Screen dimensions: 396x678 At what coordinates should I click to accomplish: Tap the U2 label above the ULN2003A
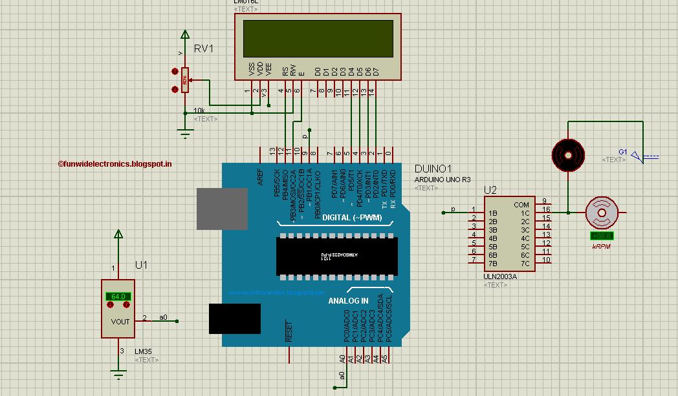[x=490, y=190]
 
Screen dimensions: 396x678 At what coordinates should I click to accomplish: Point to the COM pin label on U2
[x=521, y=205]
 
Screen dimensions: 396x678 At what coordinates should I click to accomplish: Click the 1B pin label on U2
[x=492, y=213]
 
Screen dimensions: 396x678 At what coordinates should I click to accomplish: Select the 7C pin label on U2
[x=525, y=263]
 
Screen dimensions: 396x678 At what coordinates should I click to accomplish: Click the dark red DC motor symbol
[x=567, y=155]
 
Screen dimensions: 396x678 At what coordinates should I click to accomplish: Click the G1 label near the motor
[x=623, y=151]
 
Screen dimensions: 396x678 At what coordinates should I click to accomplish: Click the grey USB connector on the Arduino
[x=222, y=209]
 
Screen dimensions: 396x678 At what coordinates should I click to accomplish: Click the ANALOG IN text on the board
[x=348, y=301]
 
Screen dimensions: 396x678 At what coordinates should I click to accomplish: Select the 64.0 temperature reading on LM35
[x=118, y=297]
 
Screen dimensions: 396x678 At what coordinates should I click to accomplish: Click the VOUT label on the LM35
[x=120, y=322]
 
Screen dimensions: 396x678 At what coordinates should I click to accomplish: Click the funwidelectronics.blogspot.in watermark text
[x=115, y=164]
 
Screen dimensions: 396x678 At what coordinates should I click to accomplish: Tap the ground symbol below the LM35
[x=118, y=373]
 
